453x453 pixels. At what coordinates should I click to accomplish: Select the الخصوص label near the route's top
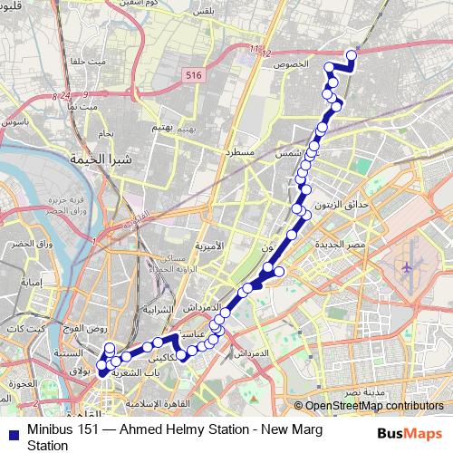pos(317,67)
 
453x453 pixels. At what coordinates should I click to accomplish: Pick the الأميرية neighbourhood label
pos(209,246)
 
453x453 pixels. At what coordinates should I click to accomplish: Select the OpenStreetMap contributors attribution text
pos(372,406)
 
